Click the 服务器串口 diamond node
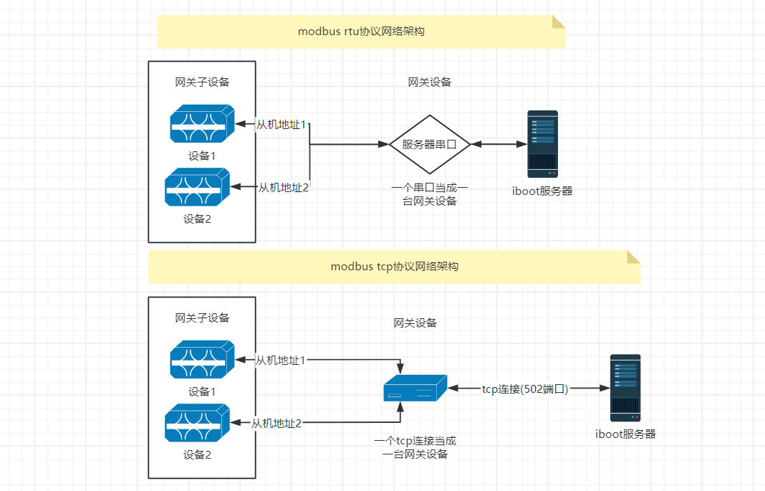pos(429,144)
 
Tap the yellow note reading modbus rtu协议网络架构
pos(361,32)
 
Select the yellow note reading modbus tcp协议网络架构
pos(394,267)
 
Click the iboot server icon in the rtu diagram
pos(542,144)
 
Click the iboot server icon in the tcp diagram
pos(625,388)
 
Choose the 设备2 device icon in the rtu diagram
pos(197,187)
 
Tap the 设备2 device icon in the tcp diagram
pos(197,423)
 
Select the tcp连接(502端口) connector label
pos(525,388)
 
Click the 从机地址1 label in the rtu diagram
pos(282,125)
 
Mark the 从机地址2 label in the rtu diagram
pos(284,188)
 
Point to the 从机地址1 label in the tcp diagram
pos(281,360)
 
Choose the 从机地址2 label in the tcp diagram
pos(276,424)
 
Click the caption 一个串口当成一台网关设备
pos(430,194)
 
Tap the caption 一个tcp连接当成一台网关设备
pos(415,447)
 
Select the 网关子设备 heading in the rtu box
pos(203,82)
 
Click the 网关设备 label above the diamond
pos(430,82)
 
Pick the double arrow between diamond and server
pos(499,144)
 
